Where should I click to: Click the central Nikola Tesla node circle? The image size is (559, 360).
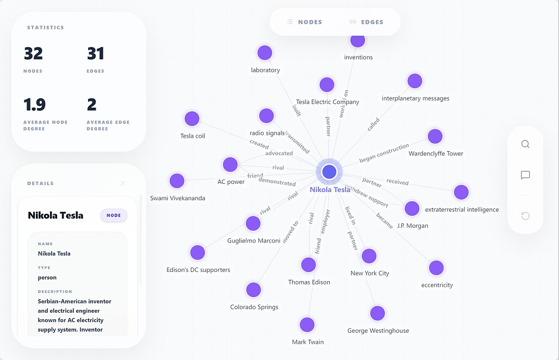330,171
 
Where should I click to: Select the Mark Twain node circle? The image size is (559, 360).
307,325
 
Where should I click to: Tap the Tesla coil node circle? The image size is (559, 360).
192,119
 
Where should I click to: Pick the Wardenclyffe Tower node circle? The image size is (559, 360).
435,136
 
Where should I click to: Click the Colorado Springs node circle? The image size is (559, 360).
253,290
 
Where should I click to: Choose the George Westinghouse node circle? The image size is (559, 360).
377,313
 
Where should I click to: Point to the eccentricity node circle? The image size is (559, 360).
436,268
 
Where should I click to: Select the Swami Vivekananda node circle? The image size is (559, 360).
177,181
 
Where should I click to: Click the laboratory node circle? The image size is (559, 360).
265,53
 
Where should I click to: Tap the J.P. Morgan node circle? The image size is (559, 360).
412,208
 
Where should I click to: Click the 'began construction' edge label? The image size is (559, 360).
384,153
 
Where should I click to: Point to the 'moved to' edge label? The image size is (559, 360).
290,232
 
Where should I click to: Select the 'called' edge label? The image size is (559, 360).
373,124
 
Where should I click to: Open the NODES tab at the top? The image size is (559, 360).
305,22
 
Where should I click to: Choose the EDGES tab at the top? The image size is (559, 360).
367,22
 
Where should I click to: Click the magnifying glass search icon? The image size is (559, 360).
525,144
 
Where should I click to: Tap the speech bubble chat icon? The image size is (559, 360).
525,175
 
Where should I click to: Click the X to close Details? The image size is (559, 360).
123,183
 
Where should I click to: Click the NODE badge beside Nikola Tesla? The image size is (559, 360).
114,215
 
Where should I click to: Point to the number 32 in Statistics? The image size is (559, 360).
34,53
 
